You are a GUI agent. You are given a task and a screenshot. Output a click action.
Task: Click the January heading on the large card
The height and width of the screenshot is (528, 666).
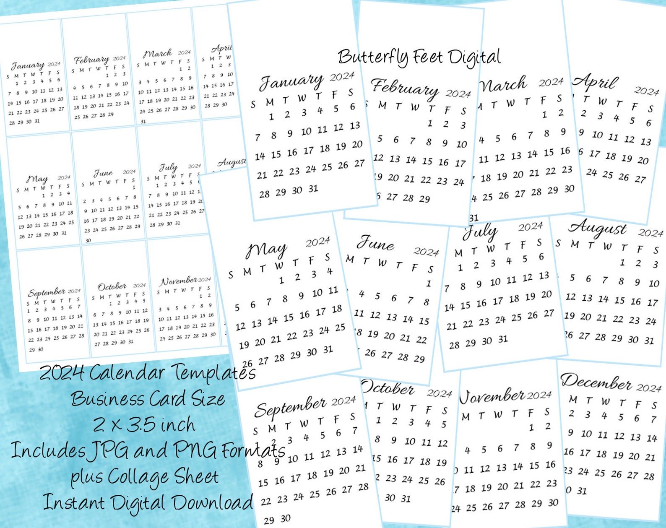(291, 81)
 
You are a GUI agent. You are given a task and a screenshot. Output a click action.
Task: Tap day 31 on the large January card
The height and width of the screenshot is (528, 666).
(313, 189)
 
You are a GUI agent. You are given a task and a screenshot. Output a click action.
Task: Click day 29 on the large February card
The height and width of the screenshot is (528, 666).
(424, 199)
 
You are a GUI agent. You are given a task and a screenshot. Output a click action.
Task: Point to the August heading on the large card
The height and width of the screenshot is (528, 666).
(597, 228)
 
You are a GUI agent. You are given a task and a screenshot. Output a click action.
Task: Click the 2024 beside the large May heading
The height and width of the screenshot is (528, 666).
(317, 242)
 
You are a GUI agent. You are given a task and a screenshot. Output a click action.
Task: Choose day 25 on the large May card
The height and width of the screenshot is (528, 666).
(340, 328)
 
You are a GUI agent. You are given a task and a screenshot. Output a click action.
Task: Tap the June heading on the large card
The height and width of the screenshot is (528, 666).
(375, 243)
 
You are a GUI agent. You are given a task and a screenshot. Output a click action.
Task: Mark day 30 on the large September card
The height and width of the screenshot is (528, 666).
(286, 518)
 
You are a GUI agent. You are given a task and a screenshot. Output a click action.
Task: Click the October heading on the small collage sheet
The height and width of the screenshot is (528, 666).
(112, 287)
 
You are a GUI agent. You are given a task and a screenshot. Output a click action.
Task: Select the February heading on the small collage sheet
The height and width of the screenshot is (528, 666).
(91, 60)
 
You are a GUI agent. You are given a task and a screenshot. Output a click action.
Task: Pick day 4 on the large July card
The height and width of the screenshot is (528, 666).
(509, 261)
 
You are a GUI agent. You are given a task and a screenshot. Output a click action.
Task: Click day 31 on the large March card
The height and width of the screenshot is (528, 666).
(474, 218)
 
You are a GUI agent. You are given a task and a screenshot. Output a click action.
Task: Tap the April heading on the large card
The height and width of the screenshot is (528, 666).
(596, 82)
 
